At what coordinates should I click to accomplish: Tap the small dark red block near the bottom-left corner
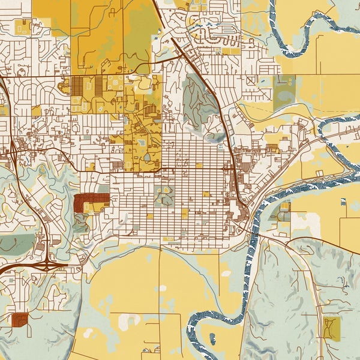tap(19, 319)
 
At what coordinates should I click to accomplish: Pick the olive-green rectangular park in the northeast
tap(284, 93)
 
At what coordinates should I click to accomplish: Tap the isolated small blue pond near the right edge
tap(343, 202)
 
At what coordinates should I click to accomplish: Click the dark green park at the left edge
tap(15, 243)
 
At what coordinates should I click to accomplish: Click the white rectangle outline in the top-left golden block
tap(24, 27)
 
